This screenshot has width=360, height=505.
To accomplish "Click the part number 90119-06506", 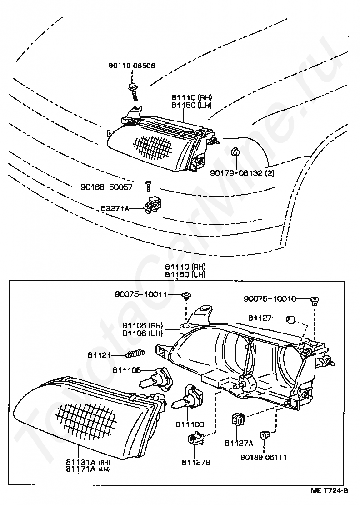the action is pos(132,66).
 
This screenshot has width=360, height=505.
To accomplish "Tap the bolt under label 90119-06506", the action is pos(133,92).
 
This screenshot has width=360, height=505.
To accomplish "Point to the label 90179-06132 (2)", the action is pos(242,173).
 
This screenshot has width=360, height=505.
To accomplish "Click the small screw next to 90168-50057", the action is pos(148,186).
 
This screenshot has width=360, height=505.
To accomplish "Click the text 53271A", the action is pos(115,209).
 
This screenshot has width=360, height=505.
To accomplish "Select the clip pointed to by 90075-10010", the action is pos(314,301).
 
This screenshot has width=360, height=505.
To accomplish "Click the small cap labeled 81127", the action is pos(290,320).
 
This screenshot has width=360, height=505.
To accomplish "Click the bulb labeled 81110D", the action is pos(188,399).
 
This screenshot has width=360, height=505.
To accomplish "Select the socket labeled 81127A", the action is pos(238,420).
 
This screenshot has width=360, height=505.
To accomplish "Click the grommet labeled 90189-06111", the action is pos(265,435).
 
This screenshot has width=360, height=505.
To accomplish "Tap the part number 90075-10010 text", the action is pos(270,299).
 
